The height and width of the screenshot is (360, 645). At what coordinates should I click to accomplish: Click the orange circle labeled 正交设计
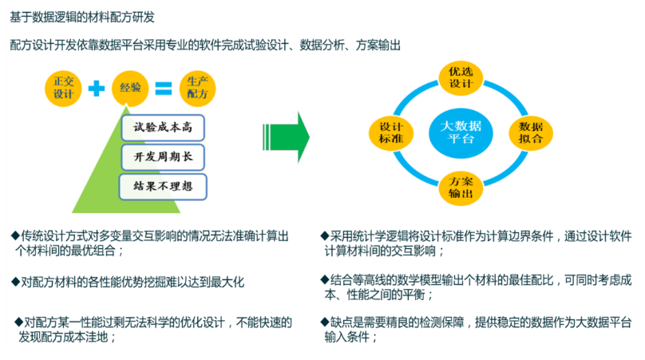[x=63, y=87]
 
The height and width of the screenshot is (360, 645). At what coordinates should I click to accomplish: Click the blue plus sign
[x=97, y=87]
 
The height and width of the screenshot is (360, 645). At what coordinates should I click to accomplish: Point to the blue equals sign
[x=163, y=87]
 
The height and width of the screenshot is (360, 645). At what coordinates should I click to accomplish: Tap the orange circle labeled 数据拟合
[x=531, y=133]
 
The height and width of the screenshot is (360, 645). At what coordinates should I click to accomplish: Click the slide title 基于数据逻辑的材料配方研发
[x=79, y=15]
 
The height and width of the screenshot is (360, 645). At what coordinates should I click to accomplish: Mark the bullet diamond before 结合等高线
[x=324, y=280]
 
